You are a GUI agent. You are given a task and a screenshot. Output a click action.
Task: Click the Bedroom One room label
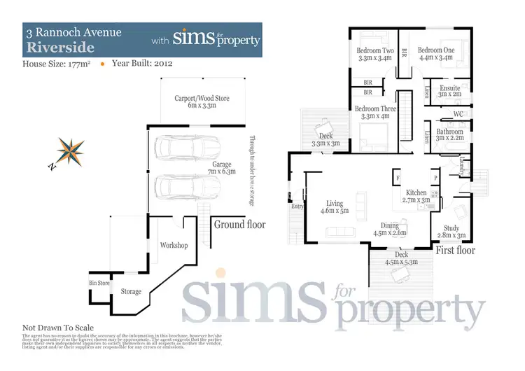[436, 50]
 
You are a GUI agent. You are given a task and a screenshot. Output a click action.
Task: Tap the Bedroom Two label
[375, 50]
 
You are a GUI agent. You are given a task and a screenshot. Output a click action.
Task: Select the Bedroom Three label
[375, 109]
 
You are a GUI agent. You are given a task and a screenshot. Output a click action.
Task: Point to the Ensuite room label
[449, 89]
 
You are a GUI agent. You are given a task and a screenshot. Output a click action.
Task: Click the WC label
[459, 113]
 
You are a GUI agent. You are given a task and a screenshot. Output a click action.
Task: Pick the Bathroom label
[449, 132]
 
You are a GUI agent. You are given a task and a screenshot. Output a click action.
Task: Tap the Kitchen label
[416, 192]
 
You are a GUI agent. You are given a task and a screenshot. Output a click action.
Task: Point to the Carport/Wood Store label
[202, 99]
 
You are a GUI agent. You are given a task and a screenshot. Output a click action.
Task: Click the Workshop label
[174, 246]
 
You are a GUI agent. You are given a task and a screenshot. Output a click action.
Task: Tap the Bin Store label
[99, 283]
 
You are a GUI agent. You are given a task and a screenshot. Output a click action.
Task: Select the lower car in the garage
[182, 186]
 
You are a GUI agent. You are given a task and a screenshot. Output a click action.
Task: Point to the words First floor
[455, 250]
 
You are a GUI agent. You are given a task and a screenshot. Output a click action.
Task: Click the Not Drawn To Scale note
[58, 328]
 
